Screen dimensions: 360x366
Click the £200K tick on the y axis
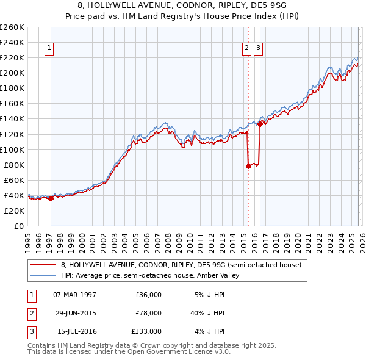12,73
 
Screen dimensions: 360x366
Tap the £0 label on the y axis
19,226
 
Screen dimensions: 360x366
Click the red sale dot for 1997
51,198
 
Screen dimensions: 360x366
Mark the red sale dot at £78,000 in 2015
248,166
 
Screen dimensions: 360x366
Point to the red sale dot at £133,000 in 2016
260,124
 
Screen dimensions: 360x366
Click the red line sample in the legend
43,265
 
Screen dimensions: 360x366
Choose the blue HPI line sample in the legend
43,276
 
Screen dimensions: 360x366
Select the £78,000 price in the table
148,313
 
